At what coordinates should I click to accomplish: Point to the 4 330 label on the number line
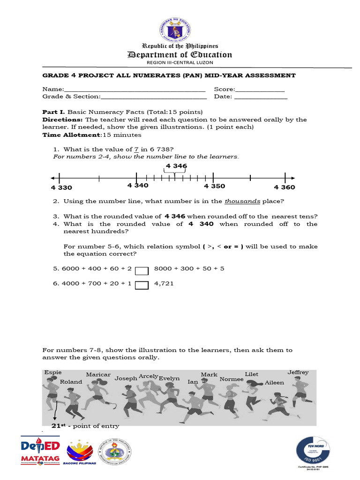click(61, 187)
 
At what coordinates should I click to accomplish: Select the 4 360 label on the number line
click(285, 187)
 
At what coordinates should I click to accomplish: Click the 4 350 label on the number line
click(214, 186)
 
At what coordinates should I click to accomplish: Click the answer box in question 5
click(142, 271)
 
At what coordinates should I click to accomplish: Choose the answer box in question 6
click(142, 285)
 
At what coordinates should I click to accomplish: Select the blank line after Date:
click(261, 97)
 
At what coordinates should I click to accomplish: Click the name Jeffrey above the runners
click(298, 372)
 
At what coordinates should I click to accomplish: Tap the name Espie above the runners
click(52, 372)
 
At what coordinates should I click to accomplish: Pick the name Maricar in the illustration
click(98, 375)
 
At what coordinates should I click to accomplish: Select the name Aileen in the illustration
click(274, 382)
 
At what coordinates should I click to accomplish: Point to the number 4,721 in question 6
click(164, 283)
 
